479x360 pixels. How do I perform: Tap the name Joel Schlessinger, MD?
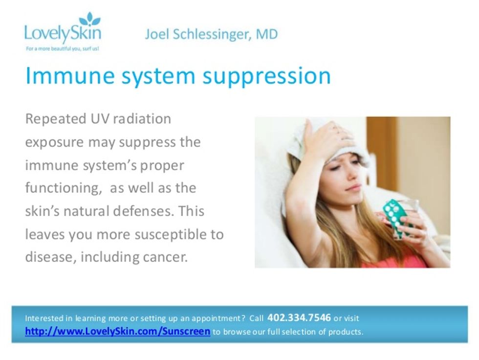click(x=211, y=34)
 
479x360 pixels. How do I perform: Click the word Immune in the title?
click(x=70, y=75)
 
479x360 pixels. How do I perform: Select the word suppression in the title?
click(x=267, y=76)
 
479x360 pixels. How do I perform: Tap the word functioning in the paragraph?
click(x=63, y=188)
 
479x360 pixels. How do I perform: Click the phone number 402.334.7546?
click(x=299, y=318)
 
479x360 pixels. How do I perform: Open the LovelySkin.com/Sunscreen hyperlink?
click(x=118, y=331)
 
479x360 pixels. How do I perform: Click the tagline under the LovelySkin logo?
click(x=63, y=49)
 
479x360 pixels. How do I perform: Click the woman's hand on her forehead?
click(x=326, y=137)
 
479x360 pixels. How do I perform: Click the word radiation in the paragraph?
click(x=142, y=119)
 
